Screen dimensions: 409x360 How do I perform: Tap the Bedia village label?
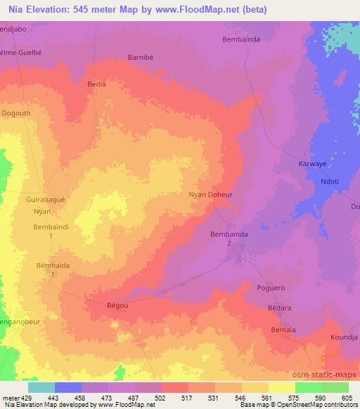[96, 84]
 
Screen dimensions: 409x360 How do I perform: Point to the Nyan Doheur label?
[210, 196]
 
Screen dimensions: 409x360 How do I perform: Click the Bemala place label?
[283, 330]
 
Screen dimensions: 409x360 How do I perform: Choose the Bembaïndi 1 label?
[51, 232]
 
